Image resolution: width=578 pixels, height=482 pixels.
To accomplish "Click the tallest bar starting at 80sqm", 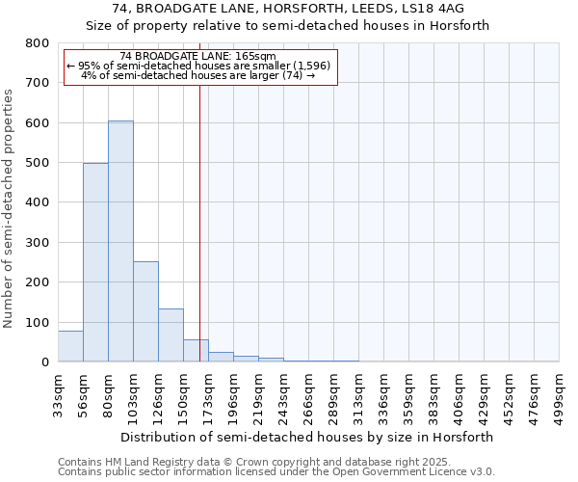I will [120, 241].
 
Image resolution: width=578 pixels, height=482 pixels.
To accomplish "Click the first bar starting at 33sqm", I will [70, 346].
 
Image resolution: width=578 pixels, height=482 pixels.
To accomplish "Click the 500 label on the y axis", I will [38, 163].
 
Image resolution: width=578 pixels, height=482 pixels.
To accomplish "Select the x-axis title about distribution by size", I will [308, 437].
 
